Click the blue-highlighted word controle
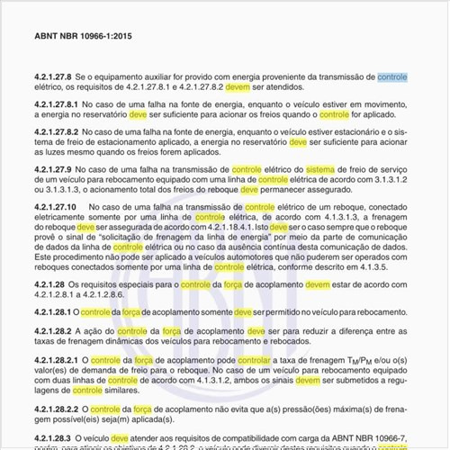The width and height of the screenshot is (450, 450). pyautogui.click(x=391, y=78)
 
